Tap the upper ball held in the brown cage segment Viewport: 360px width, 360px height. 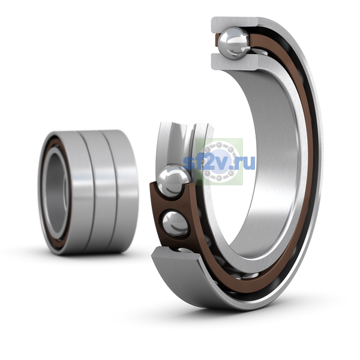[175, 181]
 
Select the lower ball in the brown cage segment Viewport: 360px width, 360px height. [175, 224]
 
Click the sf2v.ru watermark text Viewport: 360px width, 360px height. [219, 163]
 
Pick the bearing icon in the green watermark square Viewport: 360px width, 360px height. [219, 161]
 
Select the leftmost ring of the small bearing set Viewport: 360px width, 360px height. [67, 193]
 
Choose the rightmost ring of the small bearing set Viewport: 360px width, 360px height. [122, 192]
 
